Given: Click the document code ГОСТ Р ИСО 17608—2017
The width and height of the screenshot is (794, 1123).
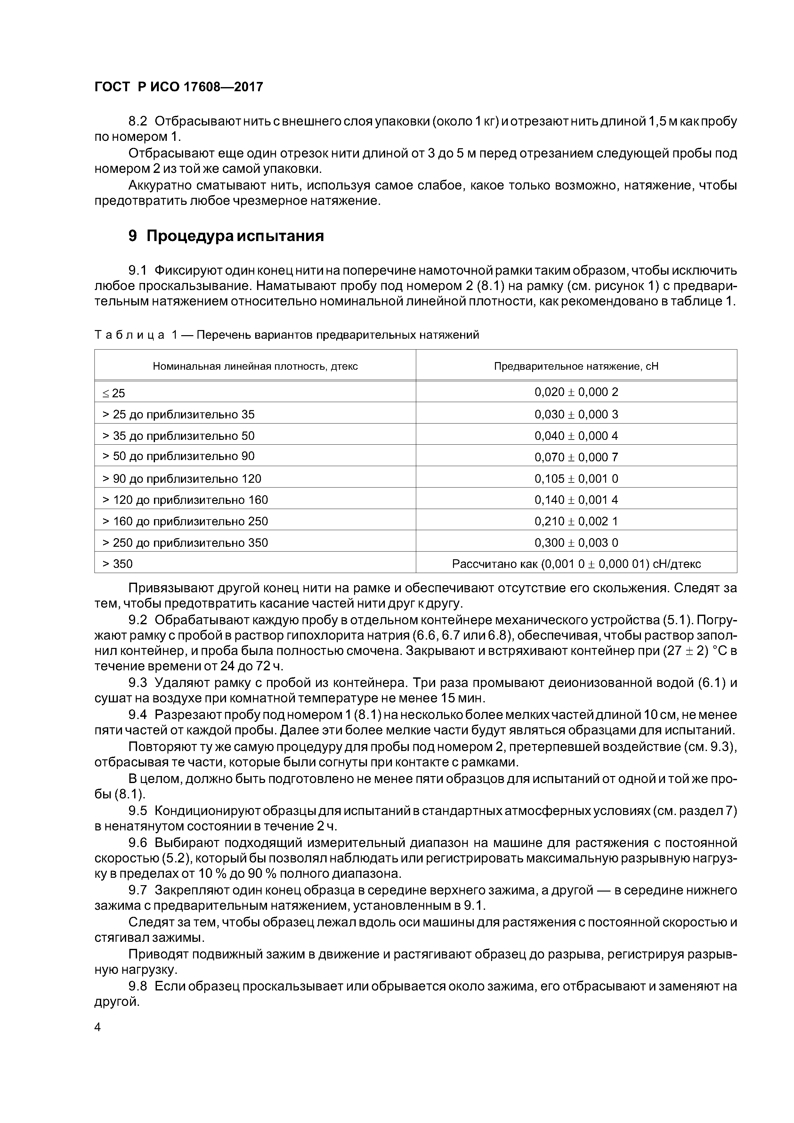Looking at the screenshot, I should [x=179, y=87].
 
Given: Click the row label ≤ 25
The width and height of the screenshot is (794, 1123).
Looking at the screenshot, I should [x=114, y=393].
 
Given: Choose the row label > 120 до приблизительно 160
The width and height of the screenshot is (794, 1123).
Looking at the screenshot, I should [x=185, y=500].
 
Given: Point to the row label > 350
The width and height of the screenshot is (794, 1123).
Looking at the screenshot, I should [x=117, y=564].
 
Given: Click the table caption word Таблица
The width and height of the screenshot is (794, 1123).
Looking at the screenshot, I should [x=129, y=335].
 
